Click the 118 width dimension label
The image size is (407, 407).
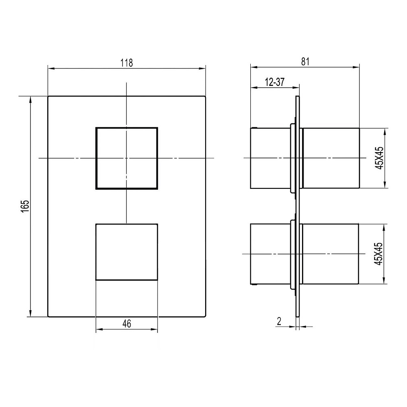(127, 63)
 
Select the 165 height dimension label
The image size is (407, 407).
(25, 206)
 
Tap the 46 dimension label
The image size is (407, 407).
(127, 324)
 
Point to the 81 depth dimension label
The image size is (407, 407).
(305, 62)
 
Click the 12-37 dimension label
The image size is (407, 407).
(275, 82)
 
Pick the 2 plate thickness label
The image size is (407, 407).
(279, 322)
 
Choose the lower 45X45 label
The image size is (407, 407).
(379, 254)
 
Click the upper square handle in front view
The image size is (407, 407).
(127, 158)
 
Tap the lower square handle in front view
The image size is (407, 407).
(127, 252)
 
